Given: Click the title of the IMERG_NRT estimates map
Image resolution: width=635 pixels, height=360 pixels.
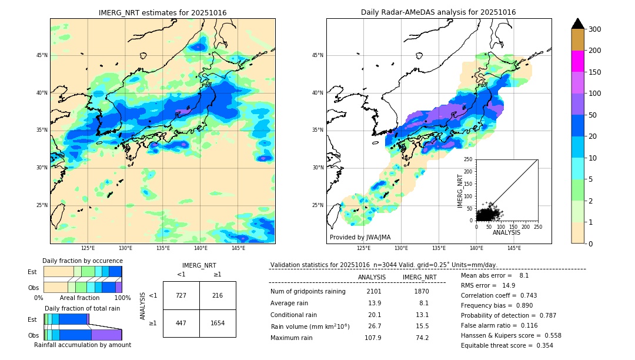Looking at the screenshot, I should (162, 12).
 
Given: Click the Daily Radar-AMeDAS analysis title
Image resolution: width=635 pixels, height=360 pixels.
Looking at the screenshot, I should (438, 12).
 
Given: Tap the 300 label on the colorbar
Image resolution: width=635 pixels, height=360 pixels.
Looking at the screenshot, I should (594, 29).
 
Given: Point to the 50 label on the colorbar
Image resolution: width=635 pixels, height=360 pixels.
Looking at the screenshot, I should (593, 115).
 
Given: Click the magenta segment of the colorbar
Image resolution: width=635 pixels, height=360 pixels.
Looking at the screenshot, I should (577, 61).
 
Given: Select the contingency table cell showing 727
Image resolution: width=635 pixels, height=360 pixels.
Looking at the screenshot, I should (181, 295).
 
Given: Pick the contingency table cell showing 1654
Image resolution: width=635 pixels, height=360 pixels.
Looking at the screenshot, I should (218, 323).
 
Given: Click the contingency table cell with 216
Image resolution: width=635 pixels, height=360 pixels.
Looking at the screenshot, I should (218, 295).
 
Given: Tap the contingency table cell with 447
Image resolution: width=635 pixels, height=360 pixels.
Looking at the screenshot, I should (181, 323).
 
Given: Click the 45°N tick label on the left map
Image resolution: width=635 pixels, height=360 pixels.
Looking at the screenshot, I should (42, 55).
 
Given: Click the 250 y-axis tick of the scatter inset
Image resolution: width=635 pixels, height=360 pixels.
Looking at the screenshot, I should (469, 159).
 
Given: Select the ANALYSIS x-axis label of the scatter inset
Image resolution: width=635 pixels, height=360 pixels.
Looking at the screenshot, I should (506, 232).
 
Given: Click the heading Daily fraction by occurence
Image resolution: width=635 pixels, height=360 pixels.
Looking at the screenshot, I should (82, 261).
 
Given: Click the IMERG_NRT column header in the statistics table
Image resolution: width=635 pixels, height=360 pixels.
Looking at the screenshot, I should (419, 277).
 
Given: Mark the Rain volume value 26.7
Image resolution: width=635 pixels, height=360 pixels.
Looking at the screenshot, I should (374, 326).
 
